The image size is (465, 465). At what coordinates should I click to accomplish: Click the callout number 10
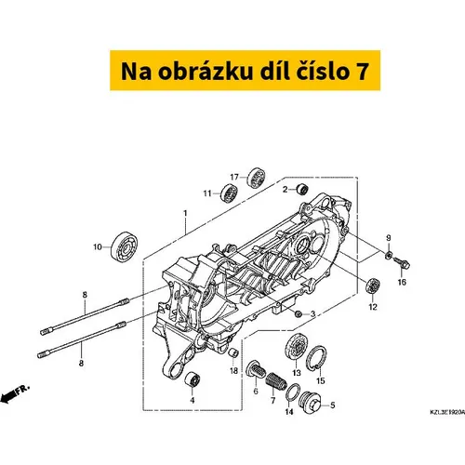(98, 247)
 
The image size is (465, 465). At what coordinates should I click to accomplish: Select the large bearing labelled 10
(124, 247)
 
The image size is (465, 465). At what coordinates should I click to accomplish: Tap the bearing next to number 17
(256, 178)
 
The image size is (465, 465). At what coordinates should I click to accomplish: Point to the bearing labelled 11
(229, 193)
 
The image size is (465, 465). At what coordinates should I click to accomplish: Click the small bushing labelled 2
(302, 189)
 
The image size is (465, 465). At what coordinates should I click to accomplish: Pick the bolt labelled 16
(402, 263)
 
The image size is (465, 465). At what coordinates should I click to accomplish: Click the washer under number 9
(389, 255)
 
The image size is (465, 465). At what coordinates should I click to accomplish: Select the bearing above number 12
(373, 286)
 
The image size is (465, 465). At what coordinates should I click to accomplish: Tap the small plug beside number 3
(299, 314)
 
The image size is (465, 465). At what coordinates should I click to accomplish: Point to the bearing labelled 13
(295, 348)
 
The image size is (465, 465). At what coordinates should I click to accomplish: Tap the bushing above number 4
(193, 379)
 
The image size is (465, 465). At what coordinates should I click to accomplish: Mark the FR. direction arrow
(15, 393)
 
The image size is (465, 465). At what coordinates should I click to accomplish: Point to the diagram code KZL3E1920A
(447, 412)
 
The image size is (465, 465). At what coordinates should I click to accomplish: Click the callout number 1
(185, 214)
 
